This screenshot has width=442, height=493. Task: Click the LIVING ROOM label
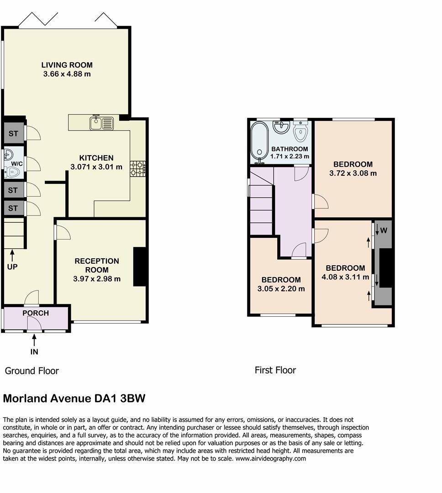tap(67, 65)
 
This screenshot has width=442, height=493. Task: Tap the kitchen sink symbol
tap(102, 123)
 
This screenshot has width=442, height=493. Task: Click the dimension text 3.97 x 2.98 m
tap(97, 278)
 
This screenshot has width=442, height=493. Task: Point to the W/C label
tap(17, 163)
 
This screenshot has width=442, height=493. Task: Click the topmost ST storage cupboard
tap(13, 134)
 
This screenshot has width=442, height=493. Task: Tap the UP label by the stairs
tap(12, 266)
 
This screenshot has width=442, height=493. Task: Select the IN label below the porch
tap(34, 351)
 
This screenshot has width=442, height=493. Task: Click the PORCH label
tap(36, 313)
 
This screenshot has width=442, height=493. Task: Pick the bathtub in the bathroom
tap(261, 142)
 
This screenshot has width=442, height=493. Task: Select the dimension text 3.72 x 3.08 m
tap(353, 173)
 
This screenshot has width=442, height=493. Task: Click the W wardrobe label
tap(384, 231)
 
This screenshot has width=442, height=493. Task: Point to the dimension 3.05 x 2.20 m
tap(281, 288)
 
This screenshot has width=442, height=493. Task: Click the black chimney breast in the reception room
tap(140, 267)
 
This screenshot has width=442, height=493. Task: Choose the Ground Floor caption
tap(32, 371)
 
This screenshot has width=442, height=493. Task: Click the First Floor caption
tap(275, 370)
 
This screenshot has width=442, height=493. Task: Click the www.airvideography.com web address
tap(270, 459)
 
